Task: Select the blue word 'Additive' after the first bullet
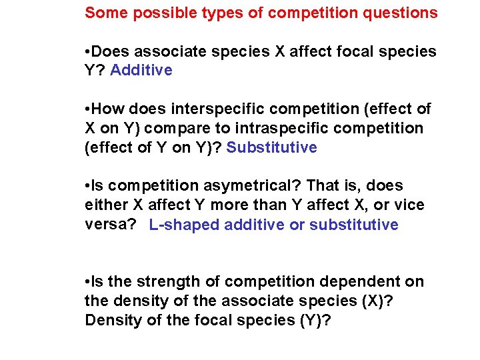tap(141, 70)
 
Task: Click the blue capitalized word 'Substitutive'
tap(272, 147)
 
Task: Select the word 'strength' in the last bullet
tap(169, 282)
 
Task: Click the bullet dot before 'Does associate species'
tap(88, 51)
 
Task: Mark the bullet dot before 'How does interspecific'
tap(88, 109)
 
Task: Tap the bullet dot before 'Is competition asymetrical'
tap(88, 186)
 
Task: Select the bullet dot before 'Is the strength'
tap(88, 282)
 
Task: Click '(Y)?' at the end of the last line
tap(317, 321)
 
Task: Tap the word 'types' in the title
tap(194, 13)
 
